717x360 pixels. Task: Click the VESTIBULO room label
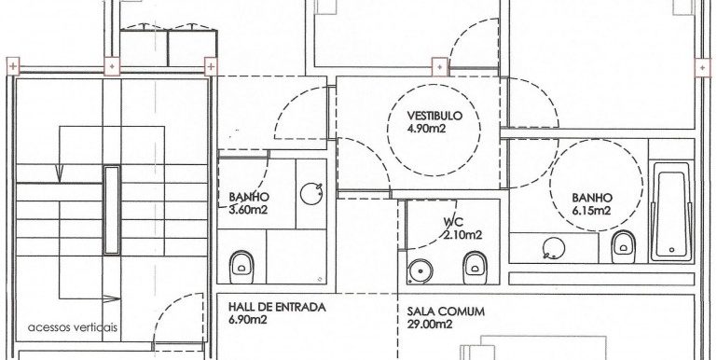(434, 116)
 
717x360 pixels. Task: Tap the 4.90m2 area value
(426, 129)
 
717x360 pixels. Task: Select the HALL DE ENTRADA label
(277, 307)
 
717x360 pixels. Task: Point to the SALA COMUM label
(446, 312)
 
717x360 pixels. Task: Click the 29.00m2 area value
(430, 325)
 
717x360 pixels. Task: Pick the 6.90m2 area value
(247, 319)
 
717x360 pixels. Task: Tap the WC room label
(454, 222)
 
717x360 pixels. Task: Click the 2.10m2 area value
(462, 235)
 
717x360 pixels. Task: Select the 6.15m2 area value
(591, 211)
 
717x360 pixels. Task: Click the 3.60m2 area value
(248, 210)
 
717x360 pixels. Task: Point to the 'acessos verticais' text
(72, 327)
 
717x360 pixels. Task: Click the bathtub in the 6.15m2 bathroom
(670, 211)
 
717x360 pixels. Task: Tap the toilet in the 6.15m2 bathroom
(623, 246)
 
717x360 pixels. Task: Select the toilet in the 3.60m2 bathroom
(241, 266)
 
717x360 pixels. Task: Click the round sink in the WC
(418, 270)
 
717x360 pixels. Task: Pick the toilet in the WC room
(475, 268)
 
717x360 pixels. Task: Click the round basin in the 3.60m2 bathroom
(310, 193)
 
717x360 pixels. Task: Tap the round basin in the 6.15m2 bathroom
(554, 248)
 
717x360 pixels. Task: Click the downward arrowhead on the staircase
(59, 173)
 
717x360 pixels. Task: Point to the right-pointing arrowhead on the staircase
(112, 298)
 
